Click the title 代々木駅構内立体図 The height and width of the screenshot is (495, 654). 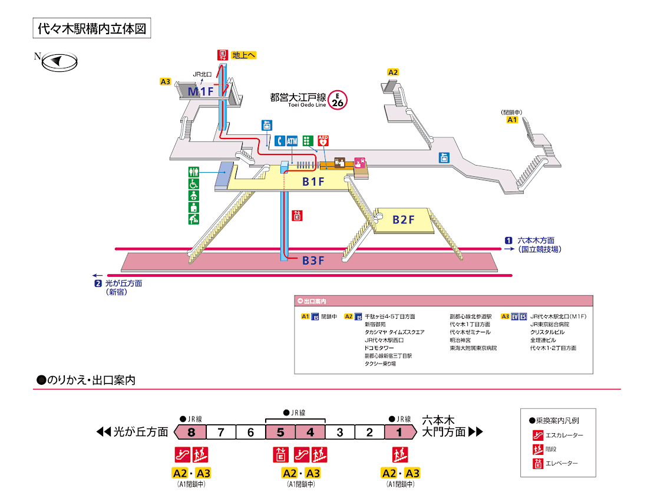pos(91,29)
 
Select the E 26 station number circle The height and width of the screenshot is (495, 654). pos(338,100)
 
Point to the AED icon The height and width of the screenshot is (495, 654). pos(323,141)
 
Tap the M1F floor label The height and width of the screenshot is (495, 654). pos(200,91)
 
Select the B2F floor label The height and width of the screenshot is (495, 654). pos(404,220)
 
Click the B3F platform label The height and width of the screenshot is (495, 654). pos(313,260)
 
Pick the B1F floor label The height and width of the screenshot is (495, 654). pos(313,182)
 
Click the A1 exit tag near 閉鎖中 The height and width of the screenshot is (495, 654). pos(512,120)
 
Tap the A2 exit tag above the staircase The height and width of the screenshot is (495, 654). pos(393,72)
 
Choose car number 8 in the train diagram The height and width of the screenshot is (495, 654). pos(191,432)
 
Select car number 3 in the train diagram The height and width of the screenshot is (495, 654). pos(340,432)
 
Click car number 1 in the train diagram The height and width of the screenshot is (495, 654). pos(399,432)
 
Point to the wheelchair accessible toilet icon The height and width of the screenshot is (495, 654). pos(193,183)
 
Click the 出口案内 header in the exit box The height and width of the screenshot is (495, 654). pos(315,300)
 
